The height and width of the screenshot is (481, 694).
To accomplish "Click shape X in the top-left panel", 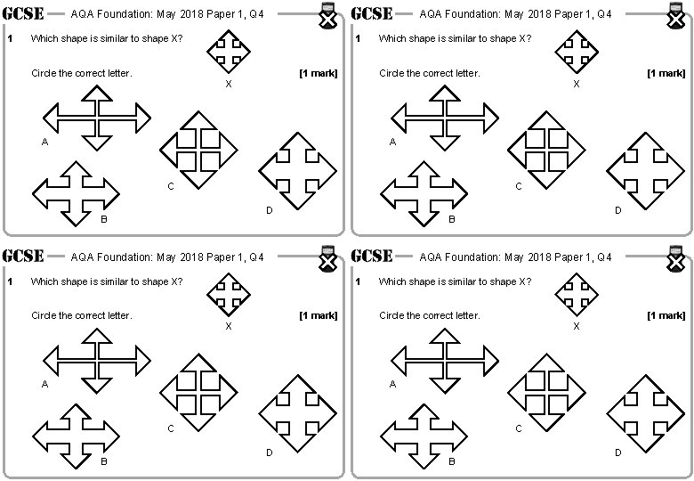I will pos(229,52).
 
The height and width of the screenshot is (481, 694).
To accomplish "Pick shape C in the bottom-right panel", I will pos(546,392).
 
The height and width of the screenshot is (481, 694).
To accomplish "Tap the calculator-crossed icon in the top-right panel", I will pos(675,18).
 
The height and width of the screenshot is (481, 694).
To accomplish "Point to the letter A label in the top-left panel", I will pos(44,142).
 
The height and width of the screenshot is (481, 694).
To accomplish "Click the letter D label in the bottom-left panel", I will pos(270,452).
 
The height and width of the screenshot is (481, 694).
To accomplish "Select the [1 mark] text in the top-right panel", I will pos(666,73).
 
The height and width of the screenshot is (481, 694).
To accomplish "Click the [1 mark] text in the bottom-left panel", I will pos(318,315).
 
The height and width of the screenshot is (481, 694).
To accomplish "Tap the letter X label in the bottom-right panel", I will pos(577,326).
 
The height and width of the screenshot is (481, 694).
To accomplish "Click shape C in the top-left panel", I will pos(198,150).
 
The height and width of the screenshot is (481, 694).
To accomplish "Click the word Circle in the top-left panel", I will pos(44,73).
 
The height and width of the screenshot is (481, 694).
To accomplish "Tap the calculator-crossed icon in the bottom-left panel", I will pos(327,260).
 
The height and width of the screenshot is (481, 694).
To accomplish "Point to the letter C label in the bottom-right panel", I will pos(519,429).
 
